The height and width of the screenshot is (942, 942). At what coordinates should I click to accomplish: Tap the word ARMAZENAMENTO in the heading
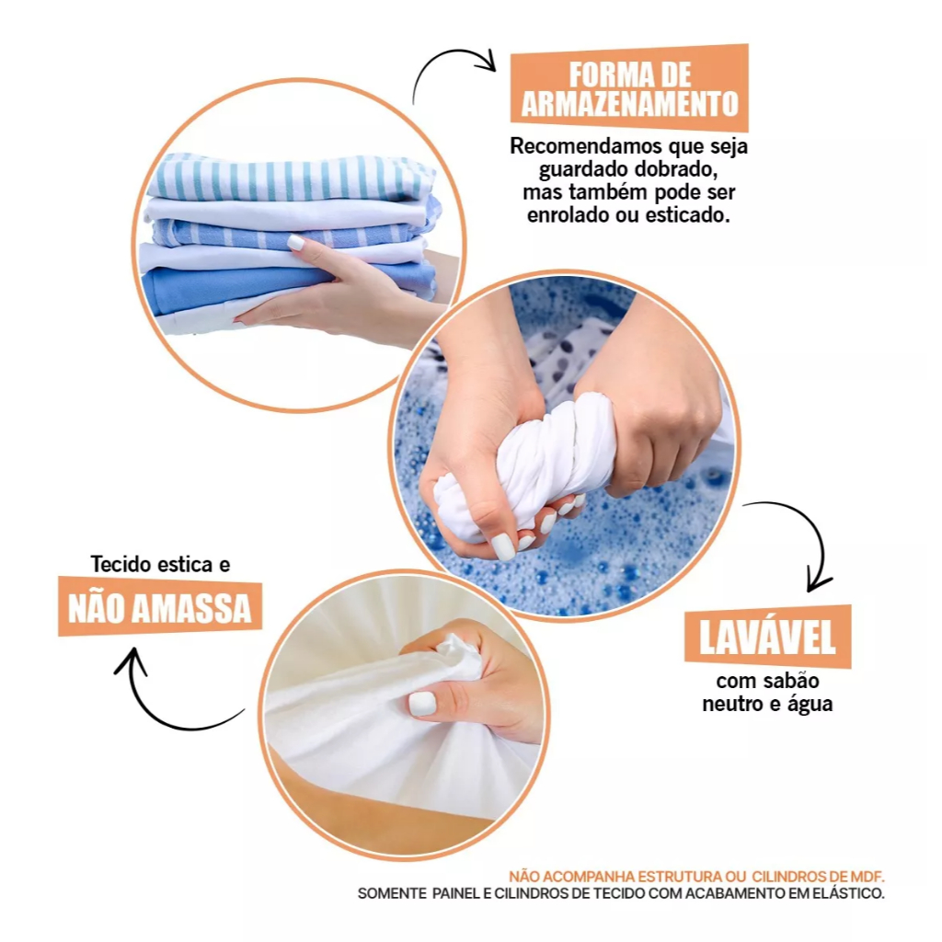629,104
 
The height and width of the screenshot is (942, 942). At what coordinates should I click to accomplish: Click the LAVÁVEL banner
768,637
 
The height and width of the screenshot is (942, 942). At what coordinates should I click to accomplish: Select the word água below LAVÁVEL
810,705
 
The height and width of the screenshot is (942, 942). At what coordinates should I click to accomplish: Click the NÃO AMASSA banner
160,607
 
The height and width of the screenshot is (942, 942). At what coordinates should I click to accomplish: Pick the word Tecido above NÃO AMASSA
121,564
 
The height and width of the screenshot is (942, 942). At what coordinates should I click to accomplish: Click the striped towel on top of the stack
292,178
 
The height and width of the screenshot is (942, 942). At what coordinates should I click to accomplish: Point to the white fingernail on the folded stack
296,243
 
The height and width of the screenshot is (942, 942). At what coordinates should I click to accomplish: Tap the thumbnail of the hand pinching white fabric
421,704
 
